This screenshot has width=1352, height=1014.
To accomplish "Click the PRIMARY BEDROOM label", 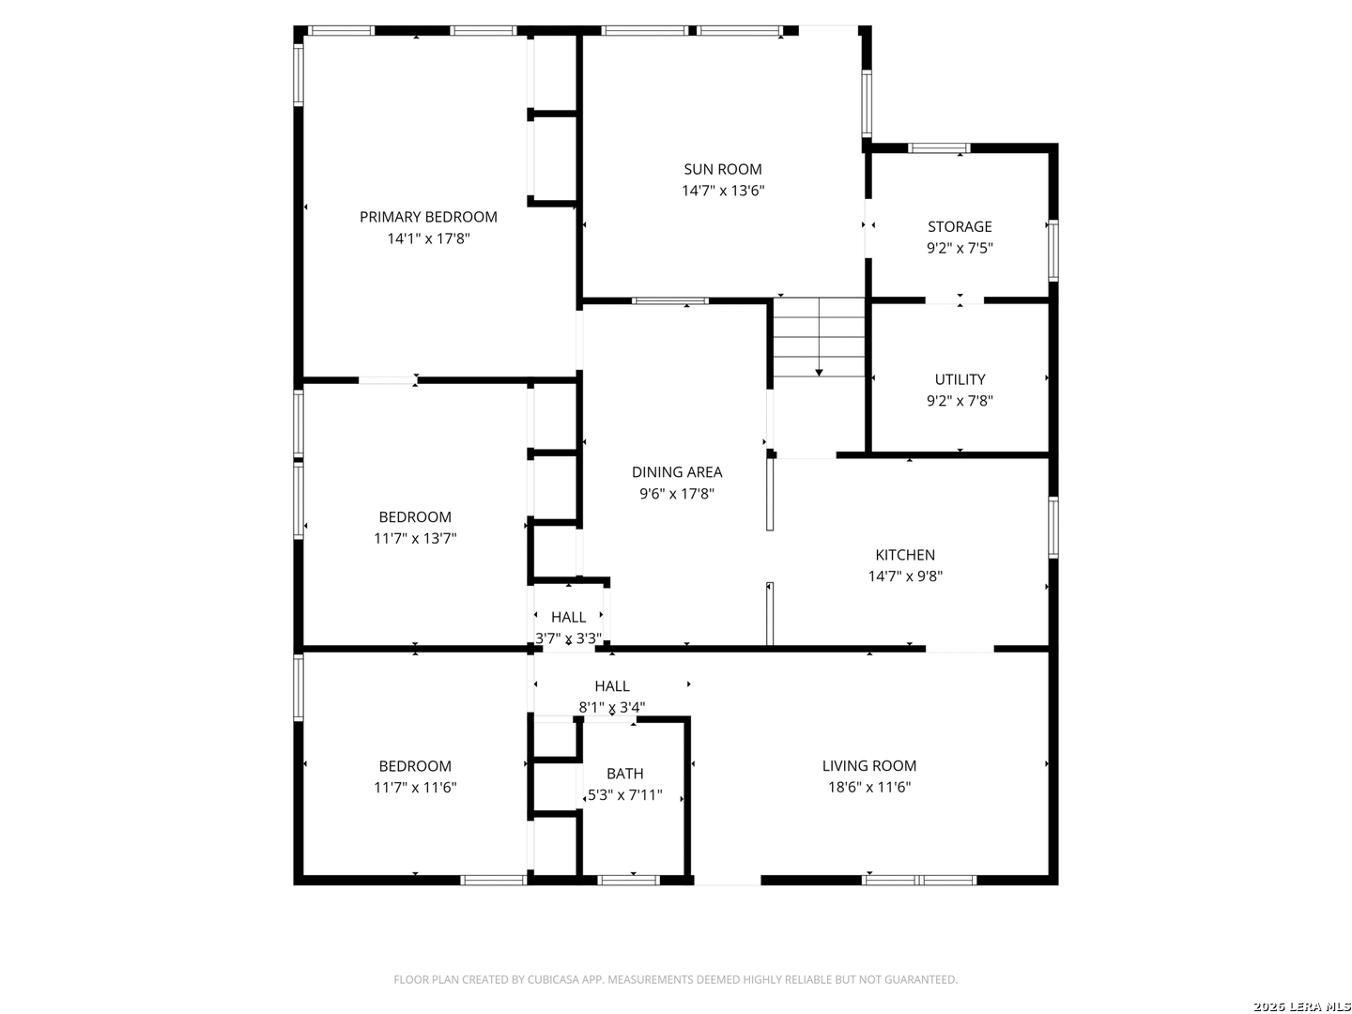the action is (x=428, y=217).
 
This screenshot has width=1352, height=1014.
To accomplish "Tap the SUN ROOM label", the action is (x=723, y=169).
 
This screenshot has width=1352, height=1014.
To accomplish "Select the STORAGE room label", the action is (x=959, y=226).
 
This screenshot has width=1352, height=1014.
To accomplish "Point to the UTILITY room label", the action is (x=959, y=379).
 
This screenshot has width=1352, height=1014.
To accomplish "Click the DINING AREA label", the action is (x=676, y=471).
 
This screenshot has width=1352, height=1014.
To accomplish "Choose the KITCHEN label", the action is (x=904, y=555).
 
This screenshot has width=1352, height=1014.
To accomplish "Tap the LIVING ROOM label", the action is (x=868, y=765).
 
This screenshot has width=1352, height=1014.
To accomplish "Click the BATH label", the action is (x=624, y=774).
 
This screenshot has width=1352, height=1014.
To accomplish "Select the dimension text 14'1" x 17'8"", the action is (x=428, y=238).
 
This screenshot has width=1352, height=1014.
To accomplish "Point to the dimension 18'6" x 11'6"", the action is (x=868, y=787).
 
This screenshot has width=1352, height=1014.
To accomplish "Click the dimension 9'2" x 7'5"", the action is (x=959, y=248).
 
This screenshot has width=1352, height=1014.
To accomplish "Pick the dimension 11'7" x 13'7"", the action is (x=415, y=538).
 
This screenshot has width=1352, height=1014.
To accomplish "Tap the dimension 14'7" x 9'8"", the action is (x=904, y=576).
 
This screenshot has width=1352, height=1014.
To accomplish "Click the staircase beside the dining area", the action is (x=819, y=337).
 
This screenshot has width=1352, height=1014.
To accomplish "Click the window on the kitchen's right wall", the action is (x=1052, y=527).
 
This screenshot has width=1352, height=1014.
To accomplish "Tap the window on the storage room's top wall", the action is (x=938, y=147).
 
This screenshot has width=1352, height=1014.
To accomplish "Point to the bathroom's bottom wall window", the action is (x=628, y=881).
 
